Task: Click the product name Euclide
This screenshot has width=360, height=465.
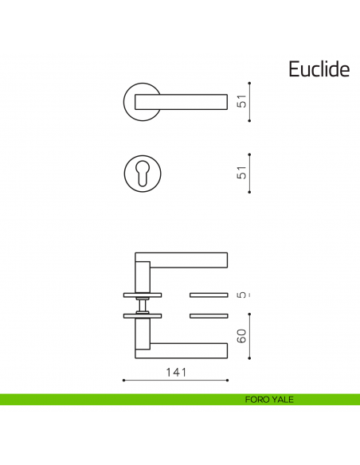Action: (319, 69)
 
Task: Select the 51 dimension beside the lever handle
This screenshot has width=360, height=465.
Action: (241, 102)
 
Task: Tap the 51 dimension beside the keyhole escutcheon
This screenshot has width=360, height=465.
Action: (241, 174)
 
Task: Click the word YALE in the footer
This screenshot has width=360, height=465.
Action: (282, 400)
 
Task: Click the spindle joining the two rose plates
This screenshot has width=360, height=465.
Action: (142, 306)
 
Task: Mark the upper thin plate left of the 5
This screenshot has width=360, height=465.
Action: (209, 295)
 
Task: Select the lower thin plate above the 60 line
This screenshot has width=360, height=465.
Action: (209, 316)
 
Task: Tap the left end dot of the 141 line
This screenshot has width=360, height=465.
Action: (123, 381)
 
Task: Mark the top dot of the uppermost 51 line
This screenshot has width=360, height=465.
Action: (251, 81)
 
